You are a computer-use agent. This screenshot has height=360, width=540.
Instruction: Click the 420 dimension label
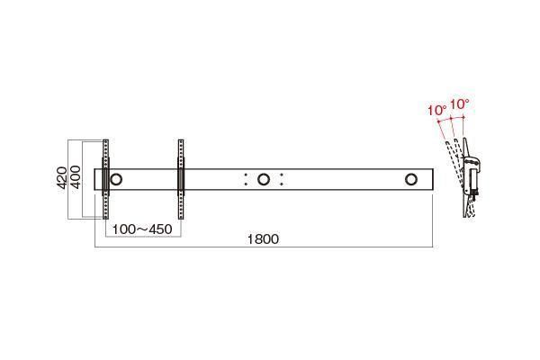[x=61, y=178]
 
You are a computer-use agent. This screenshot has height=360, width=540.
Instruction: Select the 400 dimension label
[x=76, y=177]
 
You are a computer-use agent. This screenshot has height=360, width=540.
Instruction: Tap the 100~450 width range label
[x=142, y=229]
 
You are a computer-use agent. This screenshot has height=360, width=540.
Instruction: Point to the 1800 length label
[x=263, y=239]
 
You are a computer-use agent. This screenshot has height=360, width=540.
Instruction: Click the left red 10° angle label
[x=437, y=111]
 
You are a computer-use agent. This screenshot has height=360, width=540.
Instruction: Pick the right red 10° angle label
[x=460, y=104]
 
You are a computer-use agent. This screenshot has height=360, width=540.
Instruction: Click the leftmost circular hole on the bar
[x=116, y=179]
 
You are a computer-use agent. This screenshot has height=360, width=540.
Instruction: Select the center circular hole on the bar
[x=264, y=179]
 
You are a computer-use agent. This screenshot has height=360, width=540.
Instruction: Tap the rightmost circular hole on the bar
[x=411, y=179]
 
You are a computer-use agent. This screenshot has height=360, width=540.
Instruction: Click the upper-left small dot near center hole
[x=246, y=175]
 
